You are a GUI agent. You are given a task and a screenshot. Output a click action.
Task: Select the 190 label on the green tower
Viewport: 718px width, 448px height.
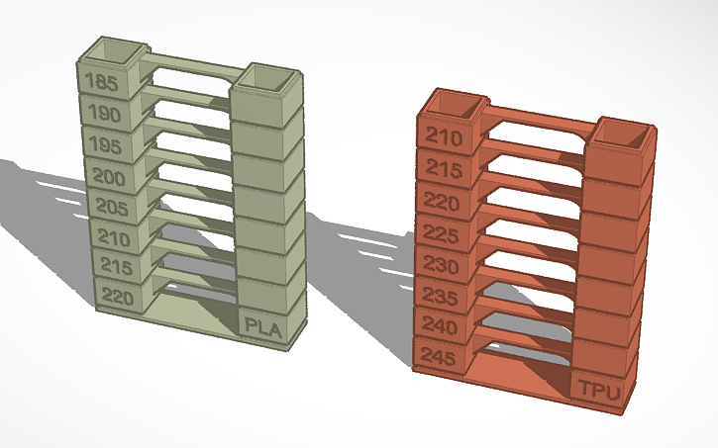pyautogui.click(x=105, y=115)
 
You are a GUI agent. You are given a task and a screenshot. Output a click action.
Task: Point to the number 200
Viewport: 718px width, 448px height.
pyautogui.click(x=109, y=178)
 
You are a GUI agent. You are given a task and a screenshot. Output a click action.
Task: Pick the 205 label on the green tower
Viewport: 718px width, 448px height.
pyautogui.click(x=112, y=208)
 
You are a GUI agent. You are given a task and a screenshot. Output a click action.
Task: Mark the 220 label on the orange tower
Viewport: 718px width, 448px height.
pyautogui.click(x=442, y=201)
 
